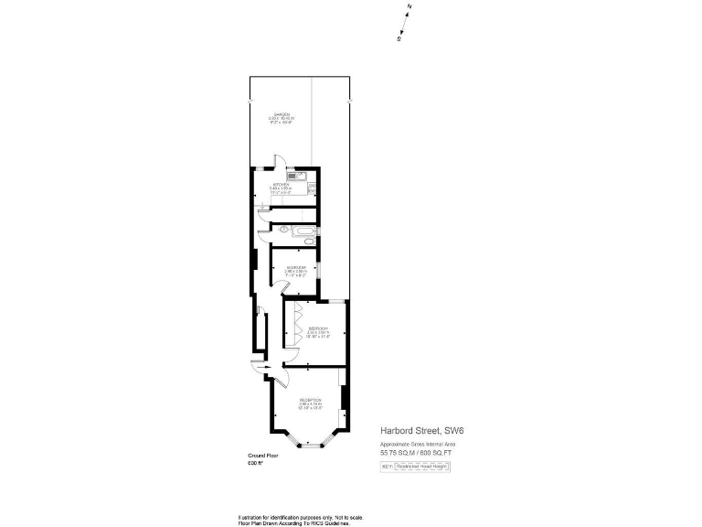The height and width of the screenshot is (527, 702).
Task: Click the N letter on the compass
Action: (409, 7)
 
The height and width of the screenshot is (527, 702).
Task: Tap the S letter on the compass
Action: (399, 39)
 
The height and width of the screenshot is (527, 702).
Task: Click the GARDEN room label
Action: (282, 116)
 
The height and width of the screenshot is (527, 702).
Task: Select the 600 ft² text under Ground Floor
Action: (255, 464)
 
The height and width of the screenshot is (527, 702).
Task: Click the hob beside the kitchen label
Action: (312, 188)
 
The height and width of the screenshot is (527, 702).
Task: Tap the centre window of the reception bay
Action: (313, 446)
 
